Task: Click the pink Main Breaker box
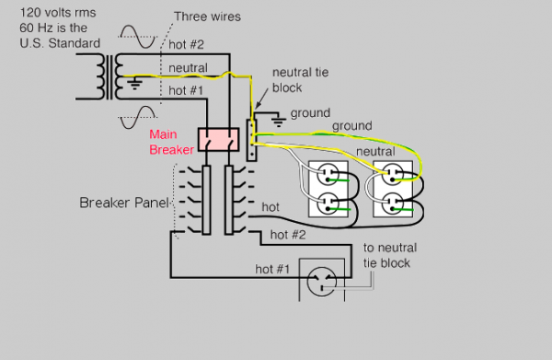tap(218, 140)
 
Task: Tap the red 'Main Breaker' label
tap(171, 142)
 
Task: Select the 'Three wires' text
tap(207, 17)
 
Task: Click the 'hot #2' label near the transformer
tap(186, 44)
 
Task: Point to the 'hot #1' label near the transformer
tap(186, 90)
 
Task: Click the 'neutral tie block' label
tap(300, 80)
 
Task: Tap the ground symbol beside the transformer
tap(134, 84)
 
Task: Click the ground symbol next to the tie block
tap(279, 120)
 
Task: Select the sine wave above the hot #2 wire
tap(138, 36)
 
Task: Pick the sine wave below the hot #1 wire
tap(138, 117)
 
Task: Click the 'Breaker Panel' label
tap(124, 203)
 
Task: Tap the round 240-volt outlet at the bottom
tap(321, 281)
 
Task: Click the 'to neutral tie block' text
tap(390, 255)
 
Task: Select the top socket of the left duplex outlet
tap(328, 175)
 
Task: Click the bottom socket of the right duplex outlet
tap(392, 203)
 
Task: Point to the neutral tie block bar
tap(251, 140)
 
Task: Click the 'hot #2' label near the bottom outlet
tap(288, 235)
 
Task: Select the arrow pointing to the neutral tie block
tap(261, 99)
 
